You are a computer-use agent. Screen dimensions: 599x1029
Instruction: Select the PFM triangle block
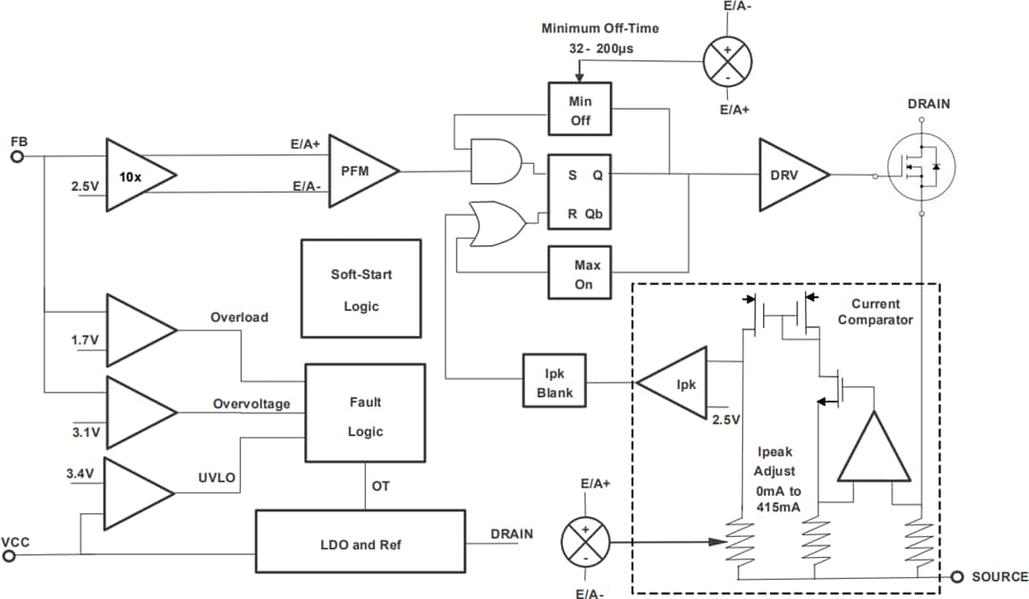point(358,172)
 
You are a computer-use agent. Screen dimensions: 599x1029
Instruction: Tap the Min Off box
point(579,110)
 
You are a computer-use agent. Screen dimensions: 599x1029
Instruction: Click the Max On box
point(579,274)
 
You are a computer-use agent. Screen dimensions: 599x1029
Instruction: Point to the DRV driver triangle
point(788,175)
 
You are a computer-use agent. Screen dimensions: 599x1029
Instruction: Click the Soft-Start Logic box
point(360,289)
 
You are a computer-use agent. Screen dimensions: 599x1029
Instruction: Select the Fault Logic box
point(364,416)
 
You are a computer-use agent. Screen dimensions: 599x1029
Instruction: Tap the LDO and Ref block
point(360,545)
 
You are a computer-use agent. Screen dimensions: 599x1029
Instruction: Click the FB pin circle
point(16,156)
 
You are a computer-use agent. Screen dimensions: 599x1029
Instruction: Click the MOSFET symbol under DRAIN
point(920,164)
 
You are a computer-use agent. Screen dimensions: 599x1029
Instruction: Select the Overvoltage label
point(252,404)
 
